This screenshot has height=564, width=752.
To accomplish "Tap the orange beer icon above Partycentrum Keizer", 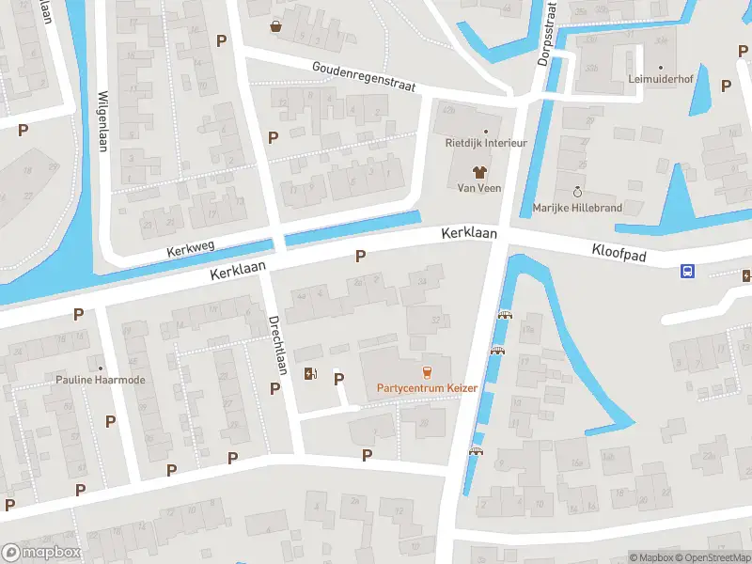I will point(427,370).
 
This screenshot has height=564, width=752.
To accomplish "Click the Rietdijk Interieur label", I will point(486,143).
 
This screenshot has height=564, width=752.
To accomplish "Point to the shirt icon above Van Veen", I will point(478,172).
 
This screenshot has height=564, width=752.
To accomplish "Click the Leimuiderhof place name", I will point(660,80).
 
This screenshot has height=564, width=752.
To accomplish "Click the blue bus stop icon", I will point(688,272).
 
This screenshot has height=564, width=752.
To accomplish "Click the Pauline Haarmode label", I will point(101,381).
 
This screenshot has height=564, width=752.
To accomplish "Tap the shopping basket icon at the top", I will point(275,26).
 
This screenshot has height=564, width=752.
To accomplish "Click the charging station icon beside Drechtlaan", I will point(310,374).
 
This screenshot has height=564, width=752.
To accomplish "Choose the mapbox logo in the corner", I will point(40,552).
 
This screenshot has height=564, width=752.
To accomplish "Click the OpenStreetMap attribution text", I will point(711,557).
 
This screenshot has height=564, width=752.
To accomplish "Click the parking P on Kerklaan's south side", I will point(360,256).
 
